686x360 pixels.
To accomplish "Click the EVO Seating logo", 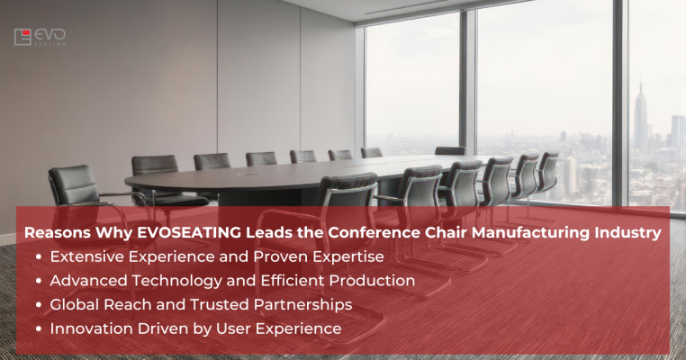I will (40, 37).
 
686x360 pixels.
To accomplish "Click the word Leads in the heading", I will (256, 232).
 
